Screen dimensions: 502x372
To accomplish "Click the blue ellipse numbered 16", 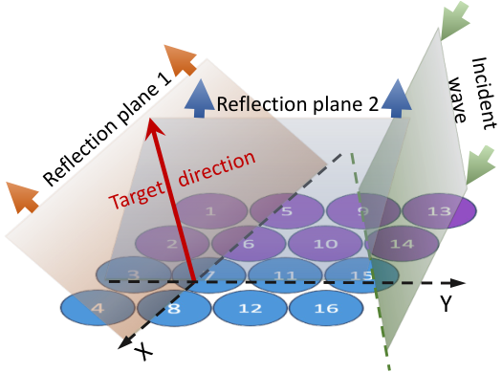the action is pos(326,308).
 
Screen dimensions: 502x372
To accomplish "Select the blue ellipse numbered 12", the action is pos(251,308).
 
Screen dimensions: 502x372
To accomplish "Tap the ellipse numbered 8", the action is pos(174,308).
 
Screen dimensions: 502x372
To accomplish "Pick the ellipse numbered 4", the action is pos(98,308).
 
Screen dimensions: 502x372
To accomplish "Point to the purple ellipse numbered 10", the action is pos(325,244).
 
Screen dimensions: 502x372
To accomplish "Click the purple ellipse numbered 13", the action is pos(439,211).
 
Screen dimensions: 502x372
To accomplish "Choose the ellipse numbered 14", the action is pos(402,244).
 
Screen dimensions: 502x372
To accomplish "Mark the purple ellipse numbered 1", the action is pos(210,211).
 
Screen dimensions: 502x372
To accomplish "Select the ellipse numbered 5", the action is pos(287,211).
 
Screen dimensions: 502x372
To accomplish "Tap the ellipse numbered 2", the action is pos(172,244).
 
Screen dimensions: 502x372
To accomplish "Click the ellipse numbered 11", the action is pos(285,274).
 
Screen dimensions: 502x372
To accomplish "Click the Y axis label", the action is pos(446,303).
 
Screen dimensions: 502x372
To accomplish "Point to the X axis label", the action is pos(143,351).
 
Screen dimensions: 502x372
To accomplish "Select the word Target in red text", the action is pos(137,195).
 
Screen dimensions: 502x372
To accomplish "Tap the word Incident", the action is pos(484,94).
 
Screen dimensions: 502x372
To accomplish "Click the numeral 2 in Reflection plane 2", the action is pos(373,104).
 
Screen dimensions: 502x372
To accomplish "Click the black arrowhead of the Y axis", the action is pos(457,282).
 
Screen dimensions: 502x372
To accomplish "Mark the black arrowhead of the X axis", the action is pos(126,342).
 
